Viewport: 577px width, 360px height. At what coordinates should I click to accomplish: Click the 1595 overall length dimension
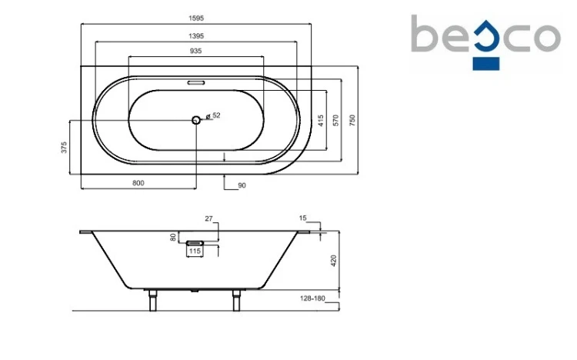pyautogui.click(x=195, y=18)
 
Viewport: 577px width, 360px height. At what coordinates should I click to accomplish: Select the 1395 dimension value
pyautogui.click(x=195, y=36)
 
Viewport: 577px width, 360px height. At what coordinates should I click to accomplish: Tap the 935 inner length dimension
pyautogui.click(x=195, y=51)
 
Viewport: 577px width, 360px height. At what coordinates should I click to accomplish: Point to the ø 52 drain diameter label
pyautogui.click(x=213, y=115)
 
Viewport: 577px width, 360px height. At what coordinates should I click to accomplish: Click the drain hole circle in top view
pyautogui.click(x=196, y=120)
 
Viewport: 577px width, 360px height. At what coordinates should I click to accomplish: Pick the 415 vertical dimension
pyautogui.click(x=321, y=121)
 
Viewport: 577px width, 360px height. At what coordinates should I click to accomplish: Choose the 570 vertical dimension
pyautogui.click(x=335, y=120)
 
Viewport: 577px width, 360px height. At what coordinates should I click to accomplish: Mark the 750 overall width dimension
pyautogui.click(x=352, y=120)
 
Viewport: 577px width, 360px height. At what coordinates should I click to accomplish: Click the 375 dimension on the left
pyautogui.click(x=65, y=147)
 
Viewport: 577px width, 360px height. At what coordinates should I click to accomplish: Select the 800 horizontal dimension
pyautogui.click(x=138, y=183)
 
